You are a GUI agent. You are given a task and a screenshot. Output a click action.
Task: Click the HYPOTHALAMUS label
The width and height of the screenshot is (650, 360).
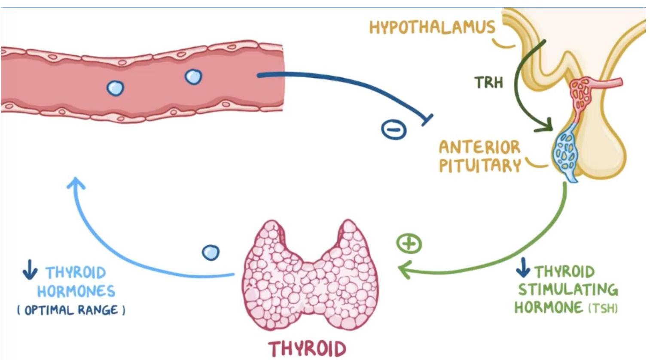click(x=432, y=27)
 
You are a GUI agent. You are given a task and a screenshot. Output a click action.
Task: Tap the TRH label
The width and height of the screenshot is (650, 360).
click(x=489, y=82)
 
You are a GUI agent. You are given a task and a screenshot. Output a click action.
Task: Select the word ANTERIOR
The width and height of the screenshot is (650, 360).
click(x=479, y=147)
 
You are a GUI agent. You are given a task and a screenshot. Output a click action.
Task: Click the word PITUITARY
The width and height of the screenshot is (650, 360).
click(x=479, y=165)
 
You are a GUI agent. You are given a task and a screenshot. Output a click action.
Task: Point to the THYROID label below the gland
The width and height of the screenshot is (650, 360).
click(x=307, y=348)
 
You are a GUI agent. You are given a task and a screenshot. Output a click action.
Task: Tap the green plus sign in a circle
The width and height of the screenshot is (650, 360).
click(x=409, y=244)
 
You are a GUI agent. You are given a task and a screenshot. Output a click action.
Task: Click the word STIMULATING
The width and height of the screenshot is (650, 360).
click(x=568, y=290)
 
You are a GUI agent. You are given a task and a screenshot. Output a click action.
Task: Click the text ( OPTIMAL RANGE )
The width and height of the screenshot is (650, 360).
click(x=71, y=310)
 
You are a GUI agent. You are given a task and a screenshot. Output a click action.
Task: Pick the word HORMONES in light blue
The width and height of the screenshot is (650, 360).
click(x=76, y=291)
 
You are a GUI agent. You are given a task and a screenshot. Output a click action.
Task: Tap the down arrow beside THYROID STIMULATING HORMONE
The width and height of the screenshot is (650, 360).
click(x=522, y=268)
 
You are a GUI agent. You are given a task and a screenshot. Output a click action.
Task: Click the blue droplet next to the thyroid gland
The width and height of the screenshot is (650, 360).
click(x=211, y=252)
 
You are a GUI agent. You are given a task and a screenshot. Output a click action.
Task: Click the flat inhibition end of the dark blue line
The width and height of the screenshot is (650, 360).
click(x=427, y=120)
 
